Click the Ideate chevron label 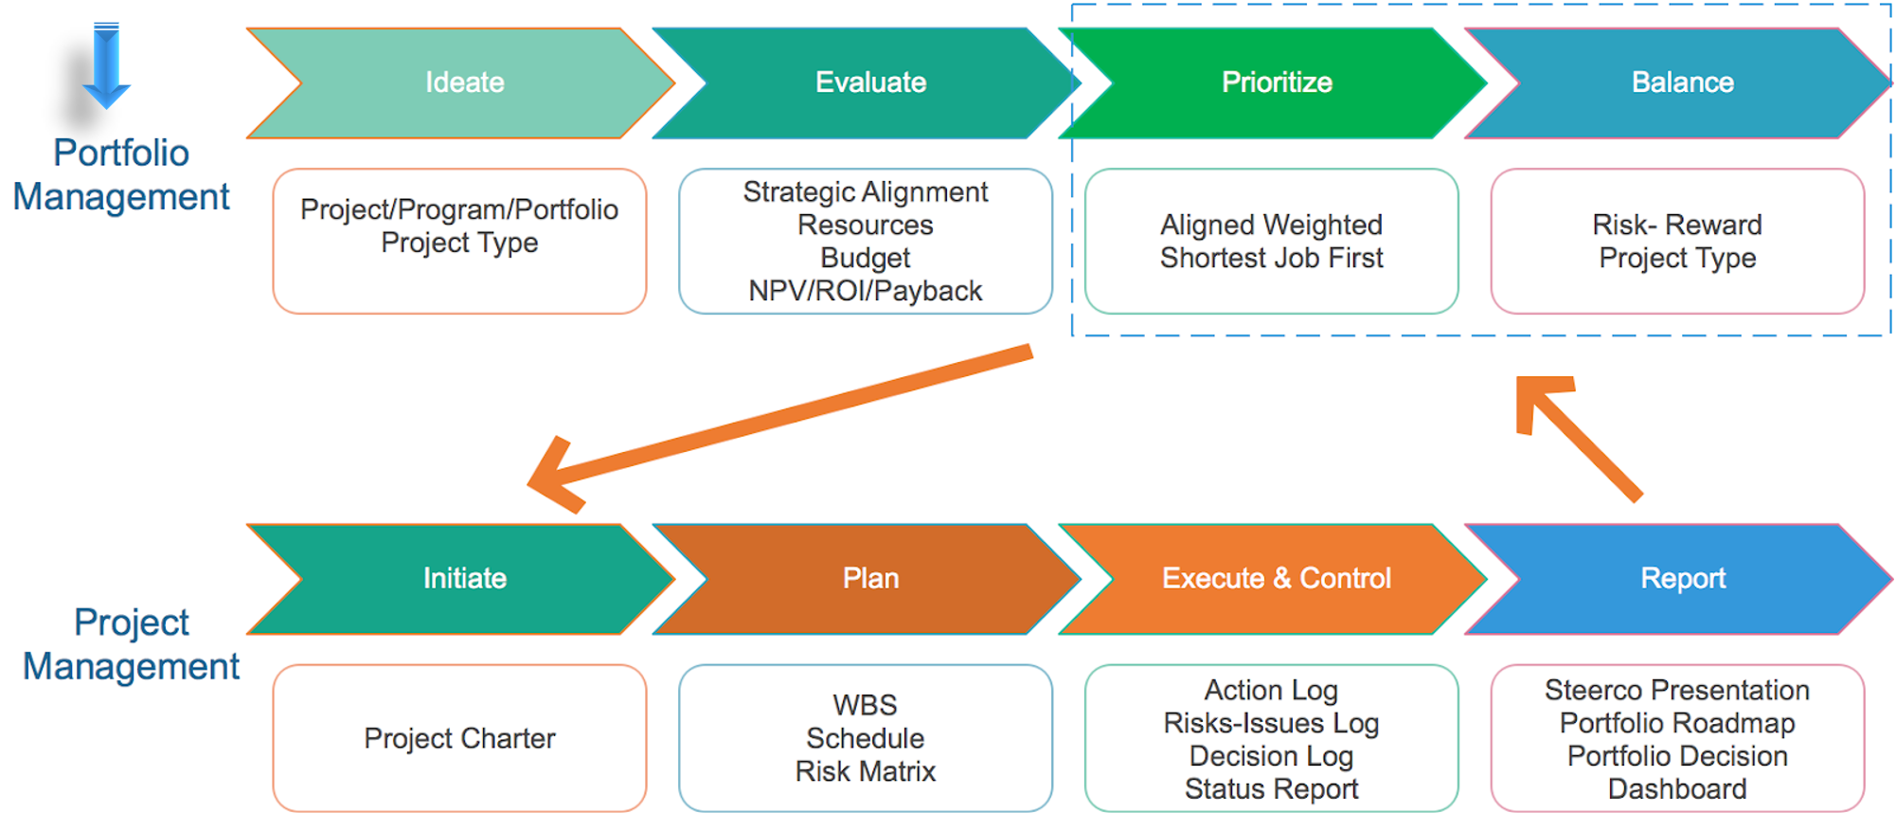coord(464,82)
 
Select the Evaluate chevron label coord(870,82)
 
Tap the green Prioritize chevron coord(1276,82)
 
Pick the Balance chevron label coord(1682,82)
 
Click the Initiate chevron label coord(464,578)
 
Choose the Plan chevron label coord(870,578)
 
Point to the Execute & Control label coord(1276,578)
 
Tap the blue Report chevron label coord(1682,578)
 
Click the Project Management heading coord(131,644)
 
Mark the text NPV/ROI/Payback coord(865,291)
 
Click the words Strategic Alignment coord(865,192)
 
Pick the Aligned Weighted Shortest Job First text coord(1271,242)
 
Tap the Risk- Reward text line coord(1676,225)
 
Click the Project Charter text coord(459,738)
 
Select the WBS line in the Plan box coord(865,705)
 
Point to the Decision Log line coord(1271,756)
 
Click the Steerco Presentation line coord(1676,690)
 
